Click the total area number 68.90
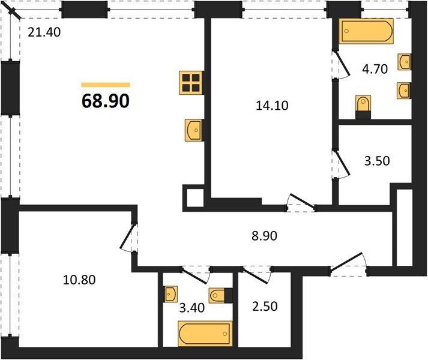[106, 101]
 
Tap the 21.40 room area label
[44, 32]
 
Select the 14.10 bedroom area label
[272, 106]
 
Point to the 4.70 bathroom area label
[375, 69]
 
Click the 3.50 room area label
[377, 161]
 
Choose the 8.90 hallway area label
[264, 236]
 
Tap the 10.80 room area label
[79, 280]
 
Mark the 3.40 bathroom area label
[192, 308]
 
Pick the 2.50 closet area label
[265, 306]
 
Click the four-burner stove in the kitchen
[191, 83]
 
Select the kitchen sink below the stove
[194, 130]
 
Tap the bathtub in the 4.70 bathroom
[366, 31]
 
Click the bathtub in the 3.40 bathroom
[205, 334]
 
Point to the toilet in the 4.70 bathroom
[363, 107]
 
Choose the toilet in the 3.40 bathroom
[221, 295]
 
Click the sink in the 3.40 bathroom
[170, 294]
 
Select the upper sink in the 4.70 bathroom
[404, 62]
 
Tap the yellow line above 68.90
[106, 85]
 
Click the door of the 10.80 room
[128, 236]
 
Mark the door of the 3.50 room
[341, 164]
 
